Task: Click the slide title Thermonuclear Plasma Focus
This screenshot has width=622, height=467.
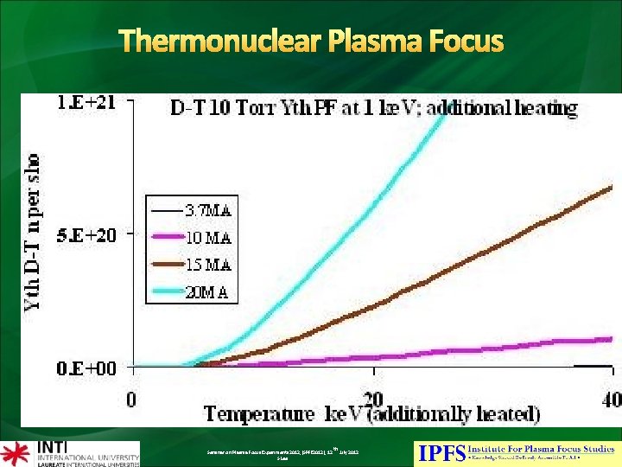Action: click(311, 41)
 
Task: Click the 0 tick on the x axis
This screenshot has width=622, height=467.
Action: click(131, 400)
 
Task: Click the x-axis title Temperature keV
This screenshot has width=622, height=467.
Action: click(371, 413)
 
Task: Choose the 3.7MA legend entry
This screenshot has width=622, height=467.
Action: click(209, 208)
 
